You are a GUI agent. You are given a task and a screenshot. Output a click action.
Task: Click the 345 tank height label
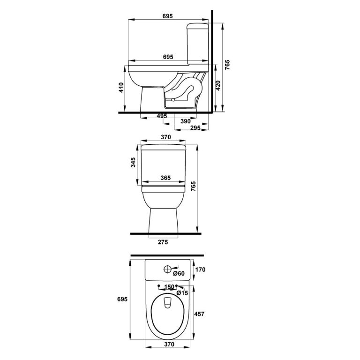pos(133,163)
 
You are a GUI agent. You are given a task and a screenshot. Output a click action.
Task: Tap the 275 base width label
pos(162,242)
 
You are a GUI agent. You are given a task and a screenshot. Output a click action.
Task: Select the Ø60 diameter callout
pos(179,273)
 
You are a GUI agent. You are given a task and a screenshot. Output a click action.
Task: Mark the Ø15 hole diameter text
pos(182,293)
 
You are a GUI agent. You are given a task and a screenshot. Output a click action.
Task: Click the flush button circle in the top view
pos(167,270)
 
